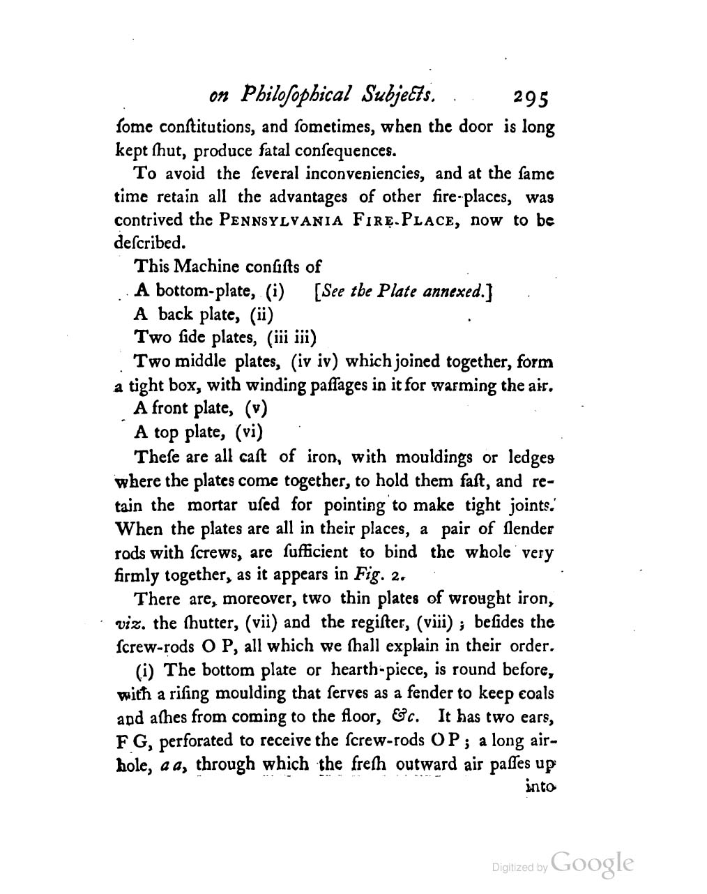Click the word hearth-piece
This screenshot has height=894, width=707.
coord(377,670)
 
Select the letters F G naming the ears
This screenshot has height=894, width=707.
coord(128,741)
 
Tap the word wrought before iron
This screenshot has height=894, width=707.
coord(484,598)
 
